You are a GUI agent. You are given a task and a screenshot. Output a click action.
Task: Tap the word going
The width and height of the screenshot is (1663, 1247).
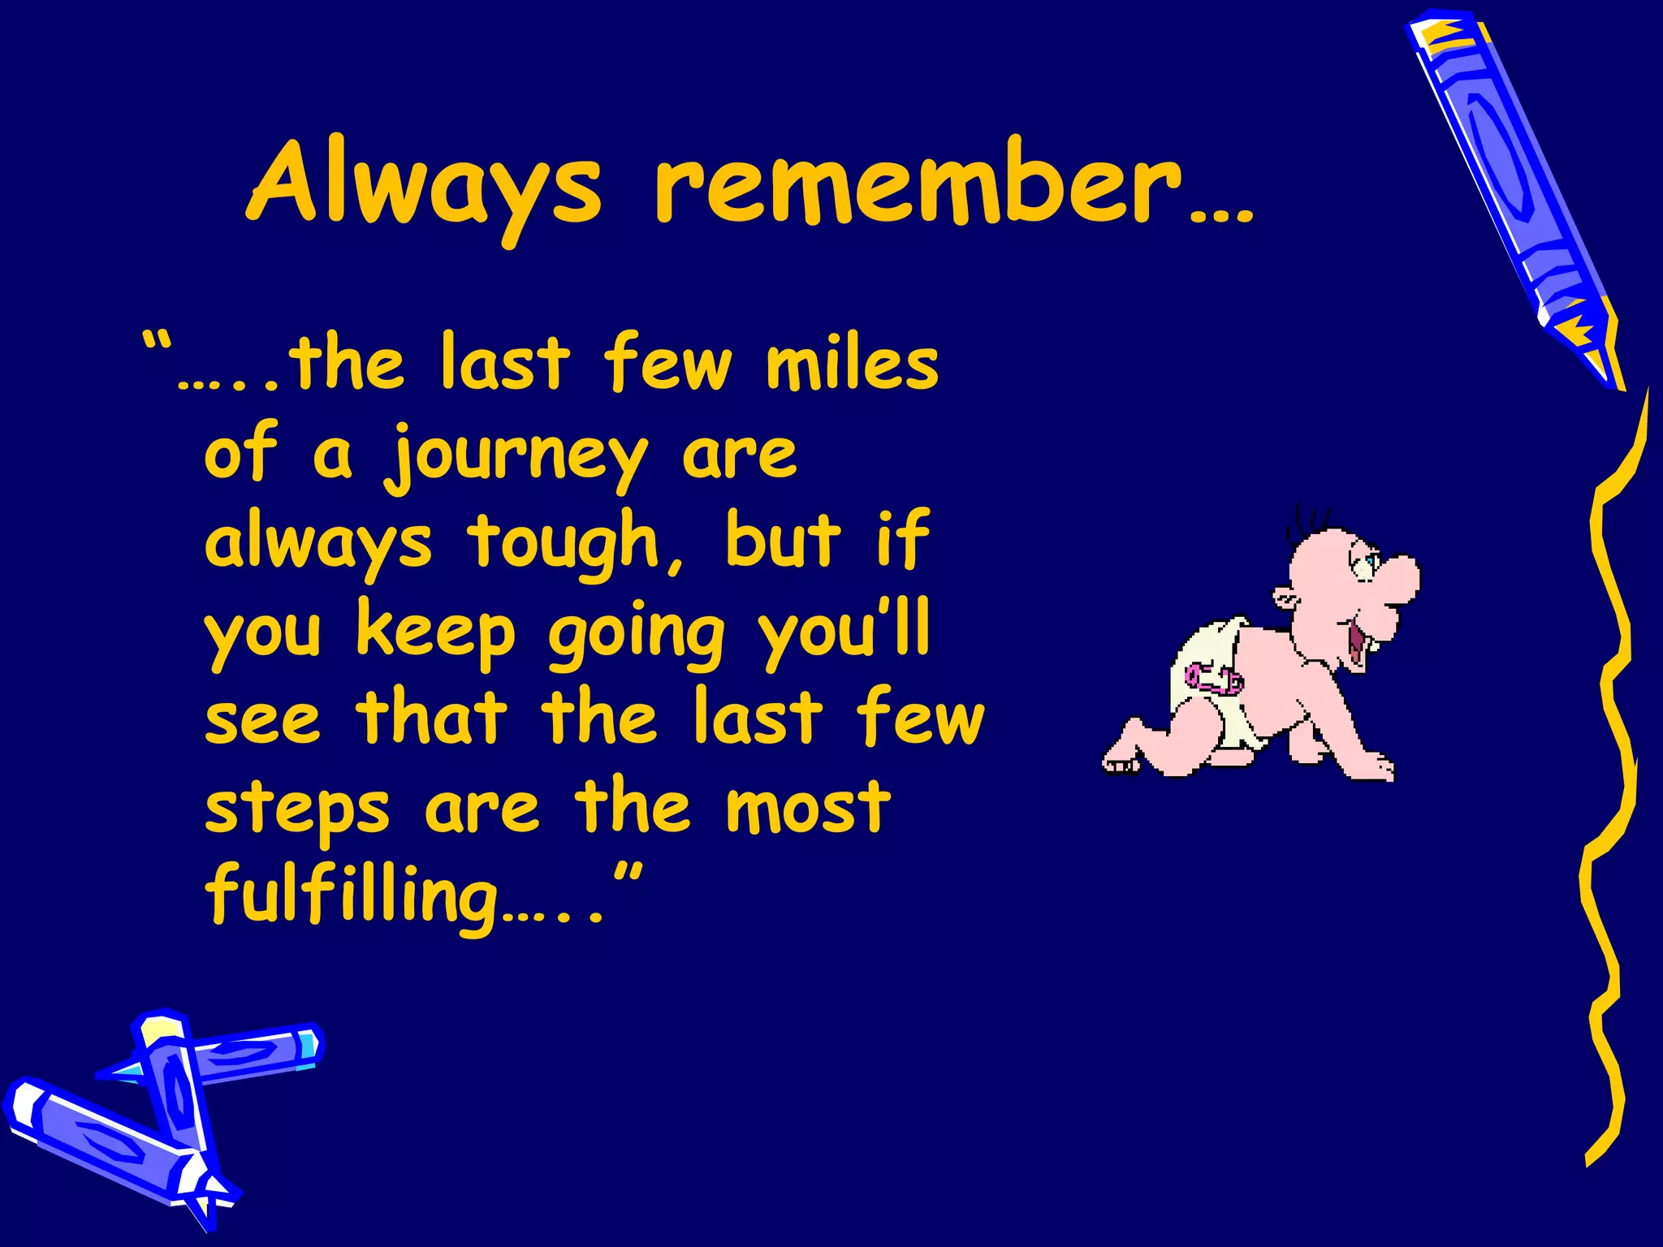coord(636,636)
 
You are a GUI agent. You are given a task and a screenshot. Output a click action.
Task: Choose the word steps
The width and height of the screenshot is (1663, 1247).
coord(297,810)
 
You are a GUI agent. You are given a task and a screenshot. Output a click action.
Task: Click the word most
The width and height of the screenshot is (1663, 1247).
coord(808,807)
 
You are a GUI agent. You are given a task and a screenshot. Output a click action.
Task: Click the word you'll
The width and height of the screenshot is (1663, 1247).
coord(844,630)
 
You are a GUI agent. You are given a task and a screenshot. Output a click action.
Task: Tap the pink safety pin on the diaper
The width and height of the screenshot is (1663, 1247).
coord(1213,677)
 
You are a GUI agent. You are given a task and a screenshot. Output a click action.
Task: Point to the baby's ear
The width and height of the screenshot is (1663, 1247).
coord(1286,600)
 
